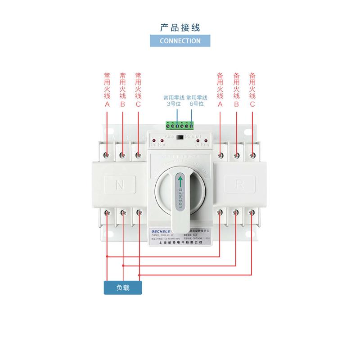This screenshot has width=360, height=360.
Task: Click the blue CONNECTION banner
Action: click(x=180, y=40)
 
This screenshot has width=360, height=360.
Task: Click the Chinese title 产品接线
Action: click(x=180, y=27)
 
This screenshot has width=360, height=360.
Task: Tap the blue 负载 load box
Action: click(x=123, y=288)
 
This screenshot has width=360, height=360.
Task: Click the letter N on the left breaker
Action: click(x=120, y=184)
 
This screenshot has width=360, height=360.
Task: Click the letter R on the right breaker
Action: click(x=239, y=184)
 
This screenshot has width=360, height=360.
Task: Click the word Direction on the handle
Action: click(x=180, y=198)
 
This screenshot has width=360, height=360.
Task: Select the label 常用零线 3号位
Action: click(x=173, y=100)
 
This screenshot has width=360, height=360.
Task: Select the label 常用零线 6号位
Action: click(x=197, y=100)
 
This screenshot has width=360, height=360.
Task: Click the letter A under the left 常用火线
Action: click(x=107, y=104)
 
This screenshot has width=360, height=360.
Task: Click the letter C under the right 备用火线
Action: click(x=252, y=104)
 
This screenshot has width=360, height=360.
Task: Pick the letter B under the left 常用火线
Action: click(x=122, y=104)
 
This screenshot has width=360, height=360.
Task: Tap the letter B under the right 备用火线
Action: click(x=236, y=104)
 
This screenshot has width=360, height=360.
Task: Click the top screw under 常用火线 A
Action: click(x=107, y=155)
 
